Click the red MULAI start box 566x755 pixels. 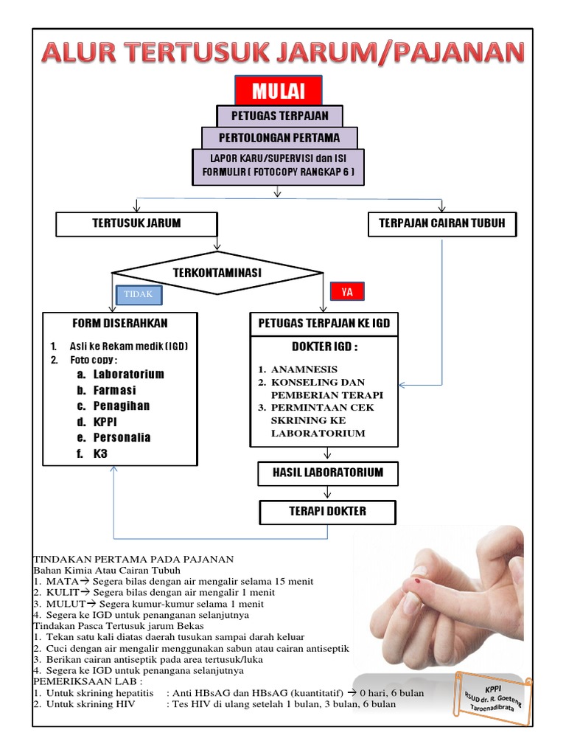tap(279, 91)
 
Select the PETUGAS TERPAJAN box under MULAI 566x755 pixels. tap(279, 116)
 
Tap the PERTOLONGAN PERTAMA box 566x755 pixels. tap(279, 138)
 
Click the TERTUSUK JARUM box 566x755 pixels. tap(136, 223)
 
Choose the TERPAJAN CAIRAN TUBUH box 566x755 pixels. tap(442, 223)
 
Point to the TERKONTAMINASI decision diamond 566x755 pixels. tap(217, 273)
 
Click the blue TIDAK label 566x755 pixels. tap(138, 294)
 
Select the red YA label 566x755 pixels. tap(347, 292)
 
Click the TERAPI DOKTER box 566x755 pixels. tap(327, 511)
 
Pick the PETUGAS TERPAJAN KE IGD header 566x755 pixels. tap(324, 323)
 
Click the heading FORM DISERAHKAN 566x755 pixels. tap(120, 323)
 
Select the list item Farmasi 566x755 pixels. tap(114, 390)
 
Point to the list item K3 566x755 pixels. tap(100, 453)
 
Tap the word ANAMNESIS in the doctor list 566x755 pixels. tap(304, 369)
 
